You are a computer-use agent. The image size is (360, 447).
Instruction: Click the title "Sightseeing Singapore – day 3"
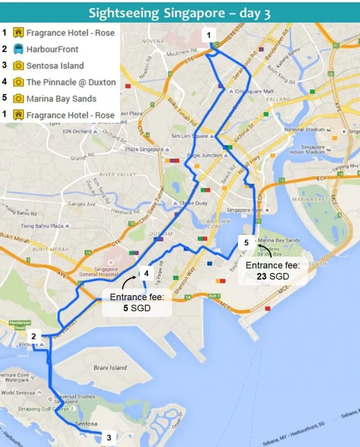click(180, 12)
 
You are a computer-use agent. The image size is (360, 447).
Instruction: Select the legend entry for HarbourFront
click(52, 49)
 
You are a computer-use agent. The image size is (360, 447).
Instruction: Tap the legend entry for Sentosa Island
click(55, 66)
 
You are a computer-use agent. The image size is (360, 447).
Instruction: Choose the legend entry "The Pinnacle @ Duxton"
click(71, 82)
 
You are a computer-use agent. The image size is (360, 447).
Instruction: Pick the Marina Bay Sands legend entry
click(61, 98)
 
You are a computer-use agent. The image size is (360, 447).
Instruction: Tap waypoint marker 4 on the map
click(146, 273)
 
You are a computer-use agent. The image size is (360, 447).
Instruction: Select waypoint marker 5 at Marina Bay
click(246, 243)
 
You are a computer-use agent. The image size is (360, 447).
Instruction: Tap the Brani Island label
click(110, 367)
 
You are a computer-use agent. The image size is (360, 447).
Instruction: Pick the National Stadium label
click(305, 130)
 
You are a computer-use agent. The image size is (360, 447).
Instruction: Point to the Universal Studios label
click(75, 397)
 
